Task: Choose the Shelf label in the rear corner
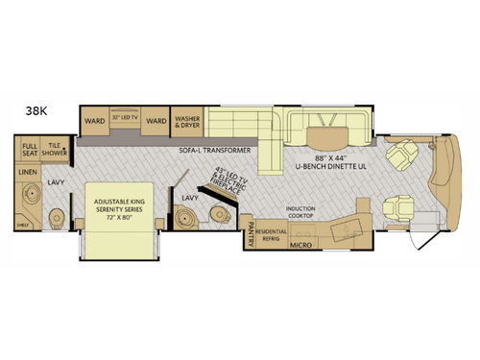(x=24, y=228)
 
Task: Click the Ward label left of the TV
(x=94, y=122)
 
